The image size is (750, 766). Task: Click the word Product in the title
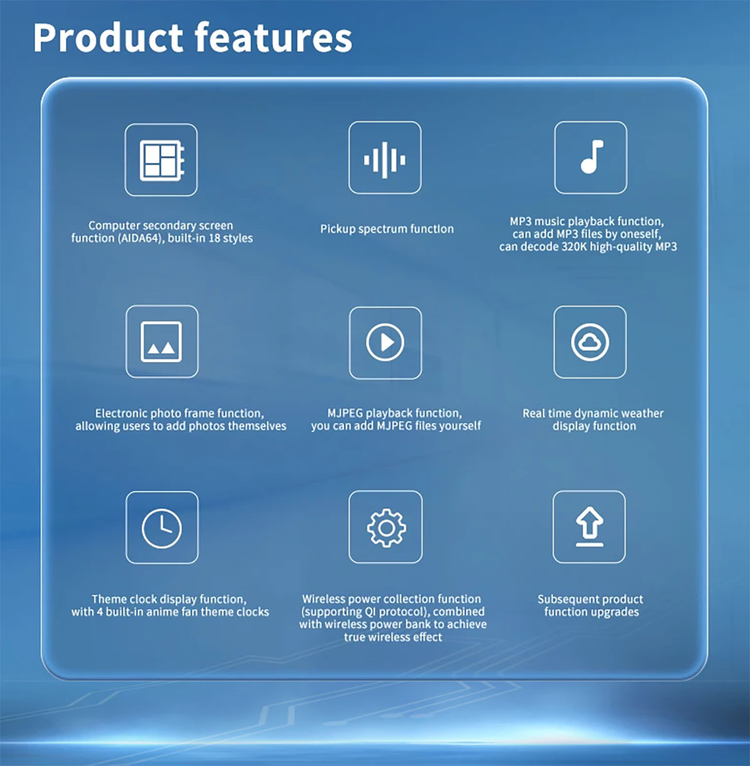tap(108, 38)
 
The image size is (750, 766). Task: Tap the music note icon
tap(592, 157)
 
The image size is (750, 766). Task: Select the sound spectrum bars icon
tap(384, 160)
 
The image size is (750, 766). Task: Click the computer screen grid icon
tap(162, 161)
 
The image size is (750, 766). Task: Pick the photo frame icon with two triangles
tap(161, 342)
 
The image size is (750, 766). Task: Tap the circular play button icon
tap(385, 342)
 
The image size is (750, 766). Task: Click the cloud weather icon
tap(590, 342)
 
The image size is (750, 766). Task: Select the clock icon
tap(161, 529)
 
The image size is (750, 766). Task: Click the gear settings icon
tap(386, 528)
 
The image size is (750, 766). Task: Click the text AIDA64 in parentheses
tap(139, 239)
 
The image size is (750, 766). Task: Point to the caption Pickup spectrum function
tap(387, 229)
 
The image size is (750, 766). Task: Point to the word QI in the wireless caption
tap(370, 612)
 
